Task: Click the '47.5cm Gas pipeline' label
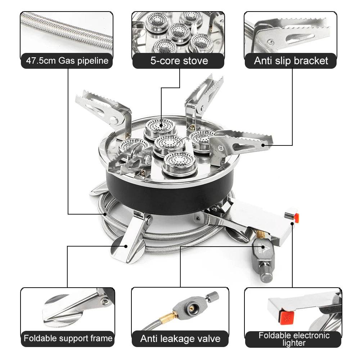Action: point(67,60)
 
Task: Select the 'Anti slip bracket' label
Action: point(291,60)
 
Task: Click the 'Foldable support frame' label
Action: point(68,338)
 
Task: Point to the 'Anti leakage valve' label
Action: point(180,339)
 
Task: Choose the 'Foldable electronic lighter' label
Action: point(294,339)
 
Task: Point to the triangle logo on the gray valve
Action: point(264,248)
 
